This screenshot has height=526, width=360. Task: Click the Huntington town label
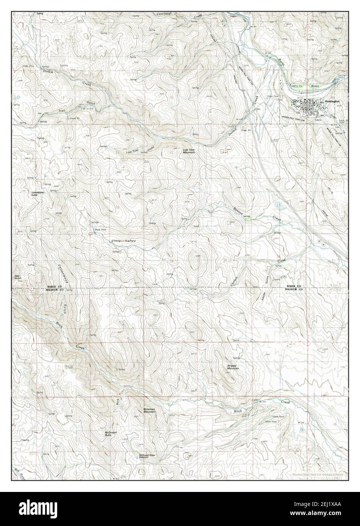(x=332, y=101)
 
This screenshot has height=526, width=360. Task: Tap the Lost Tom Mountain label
(x=189, y=151)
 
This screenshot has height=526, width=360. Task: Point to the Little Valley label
(x=123, y=241)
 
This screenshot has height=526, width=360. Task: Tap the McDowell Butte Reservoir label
(x=148, y=456)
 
